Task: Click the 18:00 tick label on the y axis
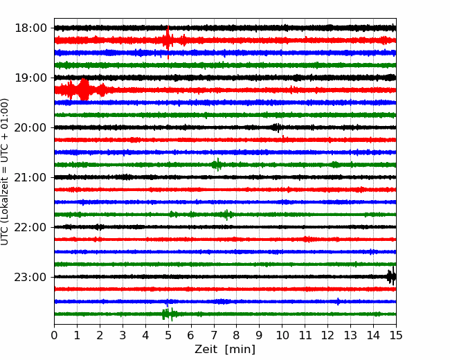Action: [30, 28]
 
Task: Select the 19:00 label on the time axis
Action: [30, 78]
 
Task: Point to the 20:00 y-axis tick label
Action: [30, 127]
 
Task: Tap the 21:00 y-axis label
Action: [30, 177]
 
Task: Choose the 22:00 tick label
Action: [30, 227]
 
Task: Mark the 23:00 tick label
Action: [30, 277]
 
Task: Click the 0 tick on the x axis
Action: [54, 335]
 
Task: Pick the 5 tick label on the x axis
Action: [168, 335]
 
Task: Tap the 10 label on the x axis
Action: [282, 335]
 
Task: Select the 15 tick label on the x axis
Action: [396, 335]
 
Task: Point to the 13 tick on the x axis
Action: [350, 335]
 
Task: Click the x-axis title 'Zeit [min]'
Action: [225, 350]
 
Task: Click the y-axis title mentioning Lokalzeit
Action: [5, 172]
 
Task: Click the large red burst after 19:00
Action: [84, 89]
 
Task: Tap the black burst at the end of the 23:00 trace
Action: [391, 277]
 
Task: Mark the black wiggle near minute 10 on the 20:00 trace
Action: [277, 127]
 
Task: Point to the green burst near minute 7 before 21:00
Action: [217, 165]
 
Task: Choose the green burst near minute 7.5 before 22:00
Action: [226, 215]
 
